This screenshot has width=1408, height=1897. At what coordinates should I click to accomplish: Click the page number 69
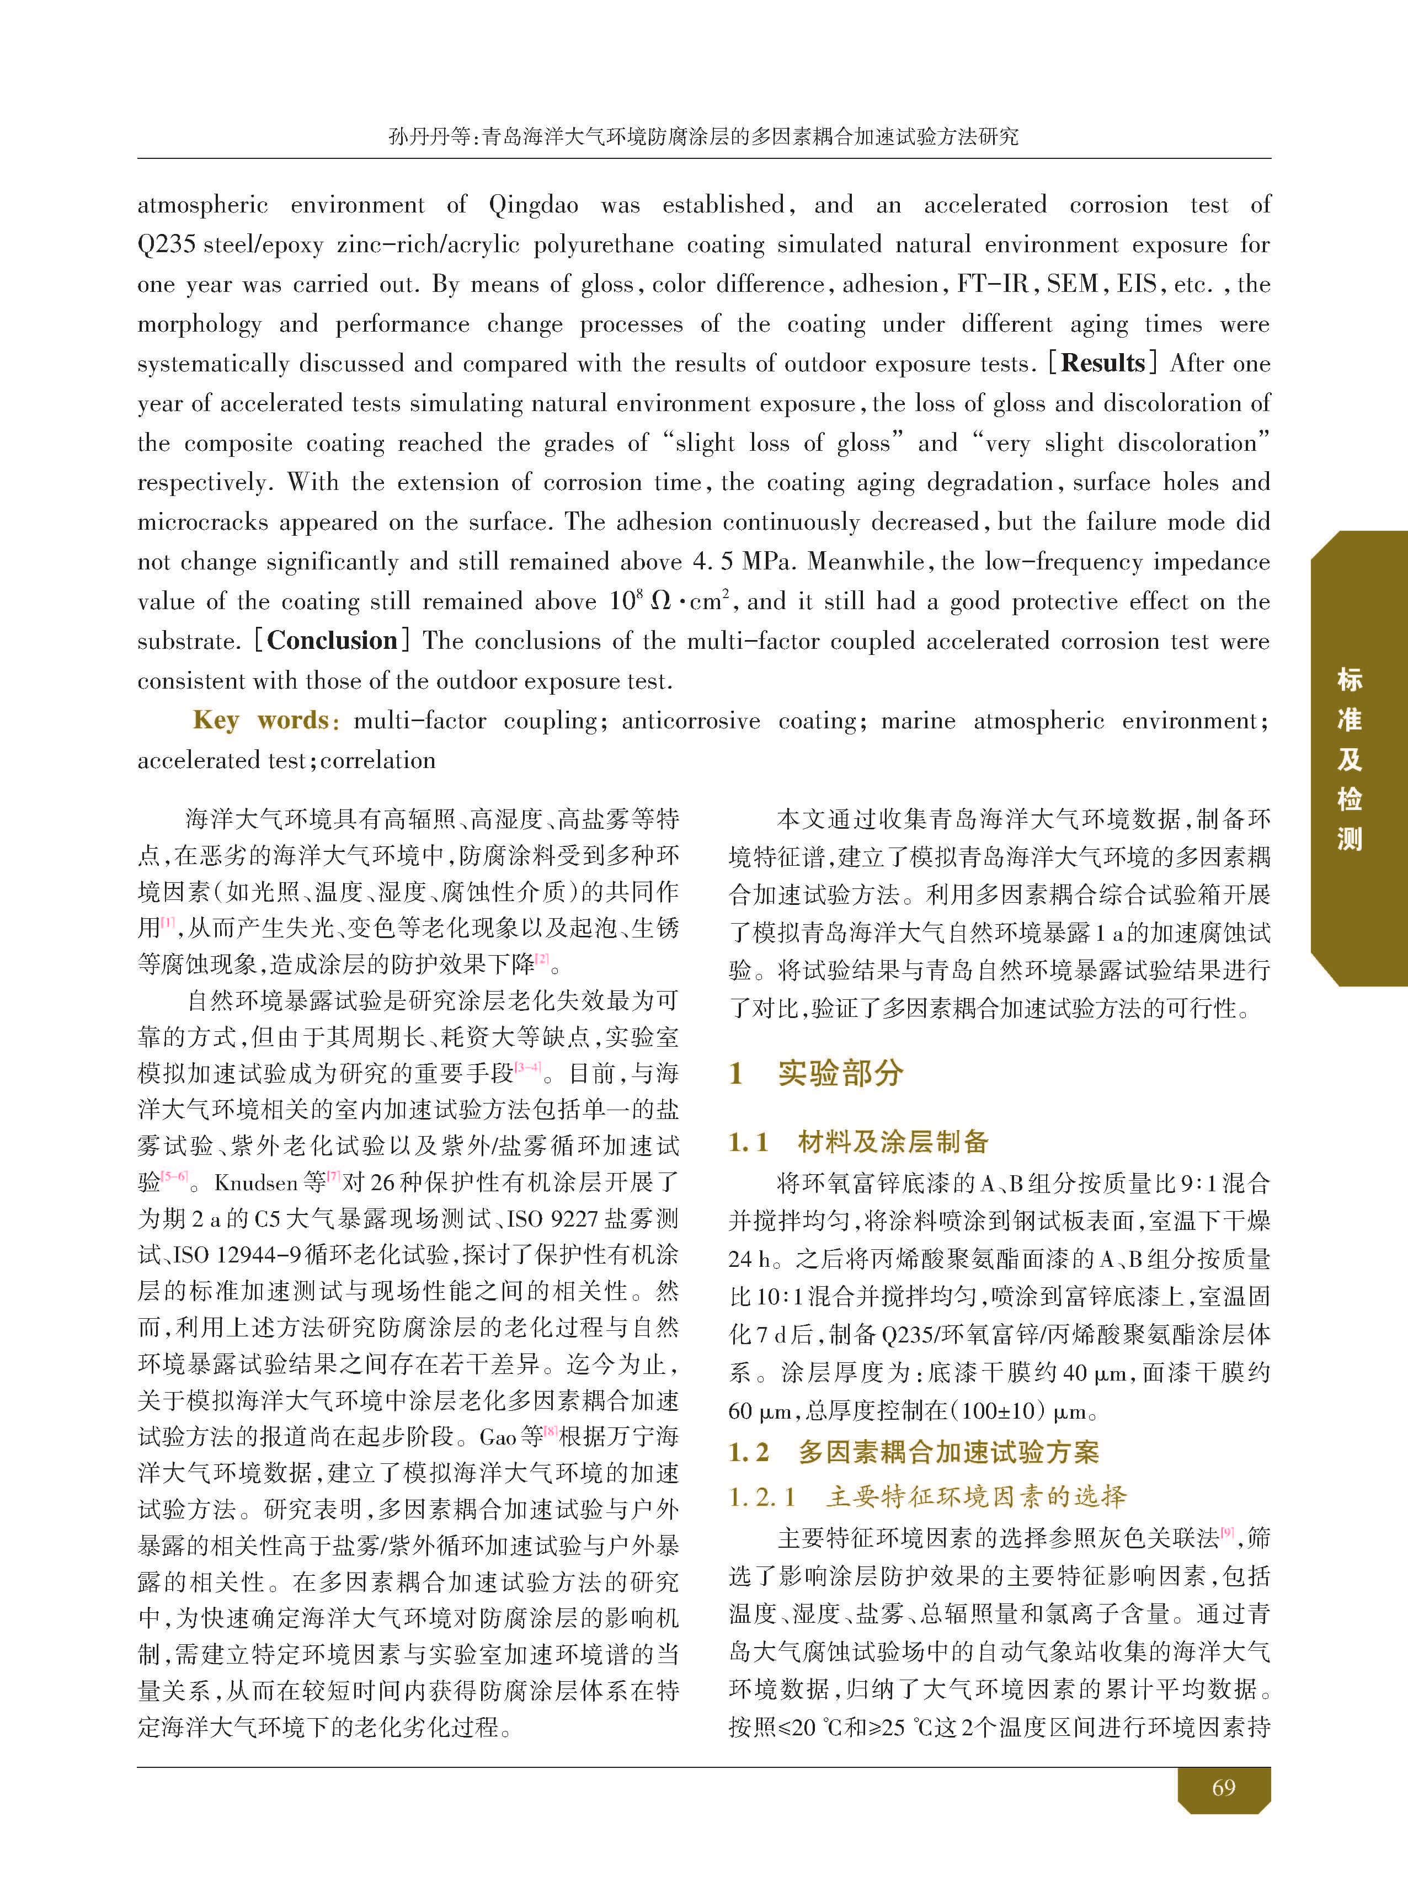point(1223,1787)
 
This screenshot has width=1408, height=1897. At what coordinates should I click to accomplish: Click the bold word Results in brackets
point(1103,363)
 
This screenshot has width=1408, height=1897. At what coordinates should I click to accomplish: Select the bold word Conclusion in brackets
point(332,640)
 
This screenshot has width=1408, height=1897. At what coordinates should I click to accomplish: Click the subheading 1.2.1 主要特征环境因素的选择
point(927,1496)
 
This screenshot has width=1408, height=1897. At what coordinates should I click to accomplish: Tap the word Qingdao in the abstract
point(534,205)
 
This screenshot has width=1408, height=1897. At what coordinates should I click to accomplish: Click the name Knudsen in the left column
point(255,1182)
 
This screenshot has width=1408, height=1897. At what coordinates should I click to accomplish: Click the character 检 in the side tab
point(1348,798)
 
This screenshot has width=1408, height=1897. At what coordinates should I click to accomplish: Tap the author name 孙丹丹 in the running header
point(417,136)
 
